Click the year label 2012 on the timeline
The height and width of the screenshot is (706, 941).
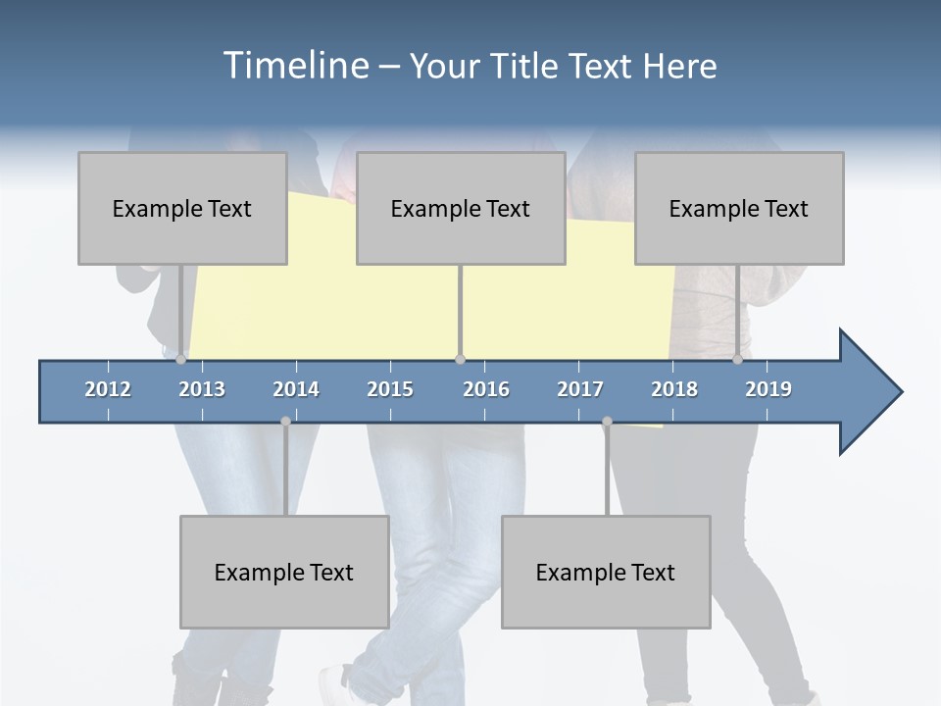tap(108, 389)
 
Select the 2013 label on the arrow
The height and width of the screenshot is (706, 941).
tap(202, 389)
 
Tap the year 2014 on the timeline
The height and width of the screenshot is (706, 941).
tap(296, 389)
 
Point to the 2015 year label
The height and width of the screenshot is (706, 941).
tap(390, 389)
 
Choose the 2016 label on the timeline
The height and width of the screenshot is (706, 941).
tap(486, 389)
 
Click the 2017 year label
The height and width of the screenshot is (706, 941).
tap(580, 389)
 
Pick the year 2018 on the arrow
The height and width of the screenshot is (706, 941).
tap(674, 389)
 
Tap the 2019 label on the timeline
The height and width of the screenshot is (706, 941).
tap(768, 389)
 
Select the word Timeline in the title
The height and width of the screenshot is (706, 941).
tap(295, 66)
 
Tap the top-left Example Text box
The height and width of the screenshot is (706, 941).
tap(182, 208)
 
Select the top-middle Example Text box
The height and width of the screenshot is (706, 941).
tap(461, 208)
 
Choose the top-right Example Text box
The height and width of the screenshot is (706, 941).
tap(739, 208)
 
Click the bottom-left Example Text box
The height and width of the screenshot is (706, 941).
tap(284, 572)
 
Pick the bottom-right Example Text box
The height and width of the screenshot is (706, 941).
tap(606, 572)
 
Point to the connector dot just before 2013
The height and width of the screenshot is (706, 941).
tap(181, 359)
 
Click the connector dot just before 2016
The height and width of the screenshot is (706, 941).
tap(460, 359)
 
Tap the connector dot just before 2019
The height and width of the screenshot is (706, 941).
tap(738, 359)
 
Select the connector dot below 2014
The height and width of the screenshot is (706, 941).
tap(285, 422)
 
